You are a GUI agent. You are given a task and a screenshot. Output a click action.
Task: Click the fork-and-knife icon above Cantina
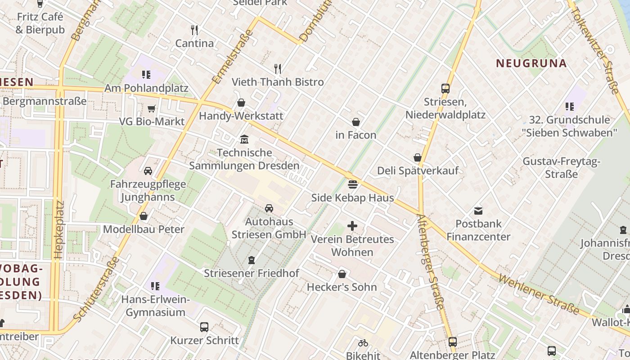click(194, 30)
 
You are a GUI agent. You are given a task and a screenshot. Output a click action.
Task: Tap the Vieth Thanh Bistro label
click(278, 82)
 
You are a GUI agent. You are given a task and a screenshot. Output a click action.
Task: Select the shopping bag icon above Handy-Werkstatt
click(241, 103)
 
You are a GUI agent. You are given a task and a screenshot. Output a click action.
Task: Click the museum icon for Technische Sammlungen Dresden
click(244, 139)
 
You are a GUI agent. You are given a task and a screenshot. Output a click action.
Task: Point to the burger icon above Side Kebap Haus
click(353, 184)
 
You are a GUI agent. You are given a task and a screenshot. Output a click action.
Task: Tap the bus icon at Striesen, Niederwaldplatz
click(445, 88)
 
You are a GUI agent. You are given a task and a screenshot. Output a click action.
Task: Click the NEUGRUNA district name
click(531, 63)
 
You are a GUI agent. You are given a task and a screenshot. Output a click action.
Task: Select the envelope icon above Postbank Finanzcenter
click(478, 210)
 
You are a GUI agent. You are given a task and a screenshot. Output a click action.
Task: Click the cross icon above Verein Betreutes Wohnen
click(352, 226)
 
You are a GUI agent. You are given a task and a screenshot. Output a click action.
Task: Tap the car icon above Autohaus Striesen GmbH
click(269, 208)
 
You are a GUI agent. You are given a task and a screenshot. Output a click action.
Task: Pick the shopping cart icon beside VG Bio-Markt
click(152, 108)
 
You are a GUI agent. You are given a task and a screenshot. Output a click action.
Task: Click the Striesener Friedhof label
click(251, 273)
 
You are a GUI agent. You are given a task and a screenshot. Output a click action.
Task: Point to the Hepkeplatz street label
click(59, 229)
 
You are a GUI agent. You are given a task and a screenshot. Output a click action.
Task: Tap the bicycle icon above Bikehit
click(363, 343)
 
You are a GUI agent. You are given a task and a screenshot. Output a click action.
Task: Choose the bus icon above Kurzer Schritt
click(204, 327)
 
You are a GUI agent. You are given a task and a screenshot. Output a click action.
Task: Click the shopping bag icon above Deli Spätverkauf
click(418, 157)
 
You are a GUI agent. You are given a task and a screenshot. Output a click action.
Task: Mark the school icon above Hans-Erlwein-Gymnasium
click(155, 286)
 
